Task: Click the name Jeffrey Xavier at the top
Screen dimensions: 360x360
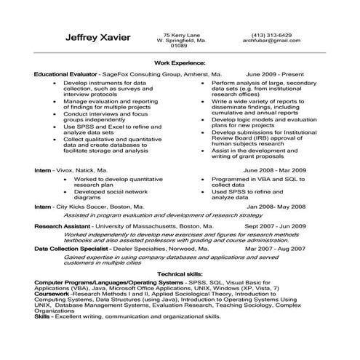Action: pos(97,38)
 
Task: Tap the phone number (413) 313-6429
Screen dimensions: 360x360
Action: pos(271,34)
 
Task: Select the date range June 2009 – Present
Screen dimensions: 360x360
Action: pos(276,75)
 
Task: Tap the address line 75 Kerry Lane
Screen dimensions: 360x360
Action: pos(181,34)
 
